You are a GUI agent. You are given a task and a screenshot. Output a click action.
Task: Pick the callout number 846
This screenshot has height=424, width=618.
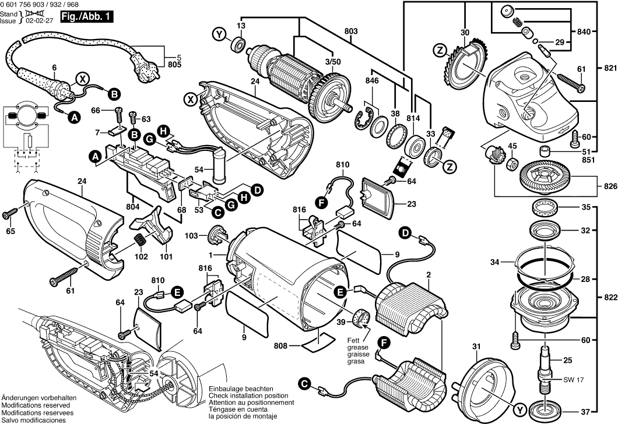(373, 80)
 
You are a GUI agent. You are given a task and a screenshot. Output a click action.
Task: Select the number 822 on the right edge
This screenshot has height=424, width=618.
(608, 297)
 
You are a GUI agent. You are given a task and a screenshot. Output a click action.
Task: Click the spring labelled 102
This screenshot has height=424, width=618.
(141, 239)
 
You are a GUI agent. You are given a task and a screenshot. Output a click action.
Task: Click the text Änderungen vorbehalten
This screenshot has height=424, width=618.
(34, 397)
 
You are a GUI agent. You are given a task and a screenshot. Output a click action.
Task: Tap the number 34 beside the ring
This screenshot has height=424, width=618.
(496, 263)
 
